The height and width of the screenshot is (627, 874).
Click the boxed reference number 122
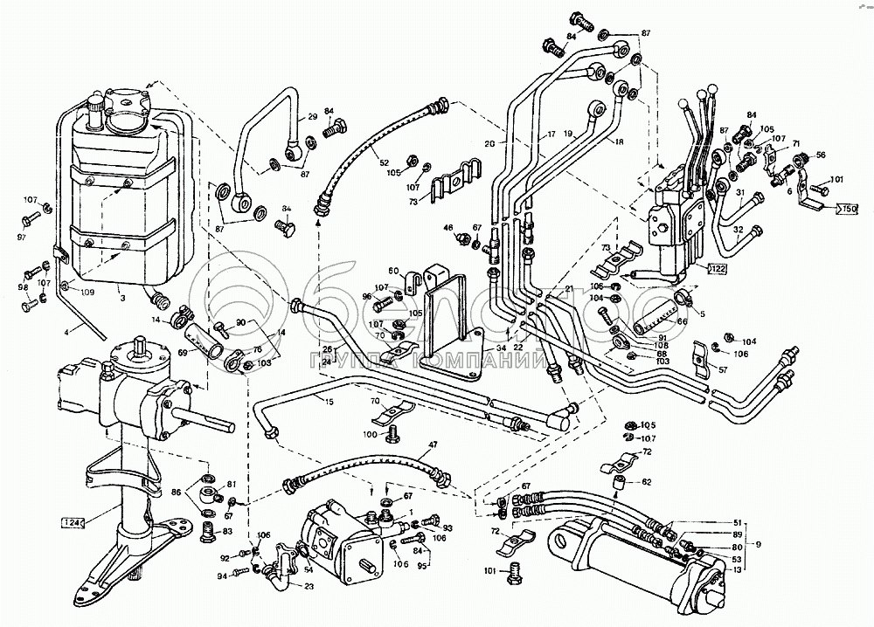[717, 267]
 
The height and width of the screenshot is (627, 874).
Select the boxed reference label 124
[74, 522]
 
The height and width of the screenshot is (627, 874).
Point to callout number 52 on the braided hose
[385, 163]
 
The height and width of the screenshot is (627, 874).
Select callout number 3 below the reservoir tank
[123, 298]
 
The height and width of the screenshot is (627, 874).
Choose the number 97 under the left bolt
[23, 238]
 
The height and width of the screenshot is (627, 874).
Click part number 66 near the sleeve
[683, 321]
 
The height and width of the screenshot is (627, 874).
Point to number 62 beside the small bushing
[647, 480]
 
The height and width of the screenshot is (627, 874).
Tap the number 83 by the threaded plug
[228, 531]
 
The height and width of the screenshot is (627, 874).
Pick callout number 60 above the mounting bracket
[393, 270]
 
